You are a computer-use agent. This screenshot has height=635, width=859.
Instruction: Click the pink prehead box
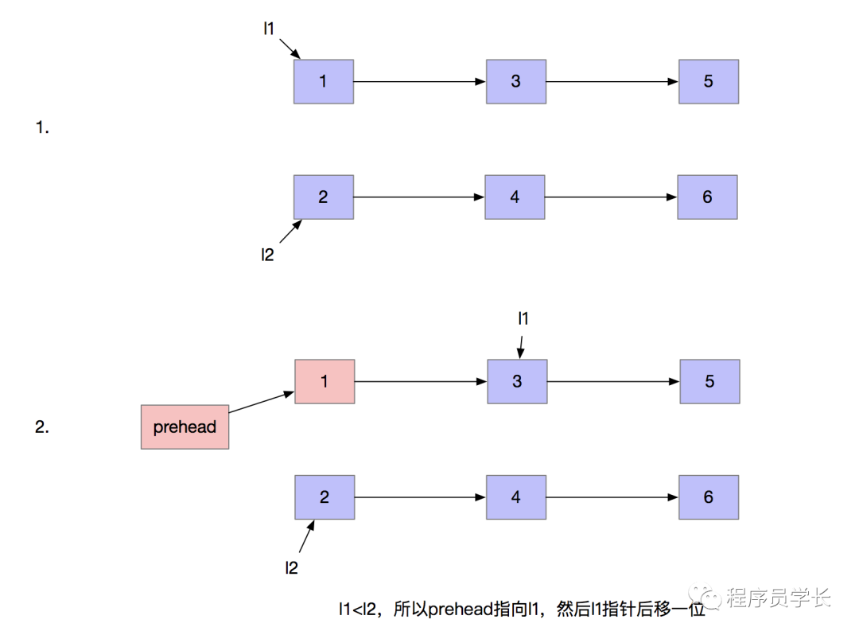(x=185, y=427)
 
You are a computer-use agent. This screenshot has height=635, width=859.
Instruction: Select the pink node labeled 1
(x=325, y=381)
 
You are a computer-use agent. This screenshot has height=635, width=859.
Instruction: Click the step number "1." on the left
(x=43, y=127)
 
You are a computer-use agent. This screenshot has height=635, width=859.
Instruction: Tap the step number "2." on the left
(x=43, y=427)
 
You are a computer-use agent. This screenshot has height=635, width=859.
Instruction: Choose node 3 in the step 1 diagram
(x=516, y=81)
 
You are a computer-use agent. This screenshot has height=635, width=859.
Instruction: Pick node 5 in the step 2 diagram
(x=709, y=381)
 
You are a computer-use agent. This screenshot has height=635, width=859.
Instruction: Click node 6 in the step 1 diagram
(x=707, y=197)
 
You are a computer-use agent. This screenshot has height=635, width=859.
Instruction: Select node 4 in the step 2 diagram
(x=516, y=497)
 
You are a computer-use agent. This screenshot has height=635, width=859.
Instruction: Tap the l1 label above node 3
(x=523, y=319)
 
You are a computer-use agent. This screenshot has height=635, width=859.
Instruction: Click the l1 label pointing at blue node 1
(x=269, y=29)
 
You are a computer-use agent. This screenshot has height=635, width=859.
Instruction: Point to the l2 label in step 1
(x=268, y=255)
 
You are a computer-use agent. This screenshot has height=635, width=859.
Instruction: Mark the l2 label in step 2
(x=292, y=567)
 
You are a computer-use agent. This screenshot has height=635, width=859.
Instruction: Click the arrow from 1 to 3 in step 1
(x=419, y=81)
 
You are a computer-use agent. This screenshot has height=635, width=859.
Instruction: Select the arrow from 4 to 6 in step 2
(x=612, y=497)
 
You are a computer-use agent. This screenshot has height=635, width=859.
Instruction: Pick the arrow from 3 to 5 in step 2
(x=613, y=381)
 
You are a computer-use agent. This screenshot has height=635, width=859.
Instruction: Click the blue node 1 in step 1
(x=323, y=81)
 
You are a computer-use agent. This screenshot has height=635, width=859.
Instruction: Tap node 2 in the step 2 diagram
(x=325, y=497)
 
